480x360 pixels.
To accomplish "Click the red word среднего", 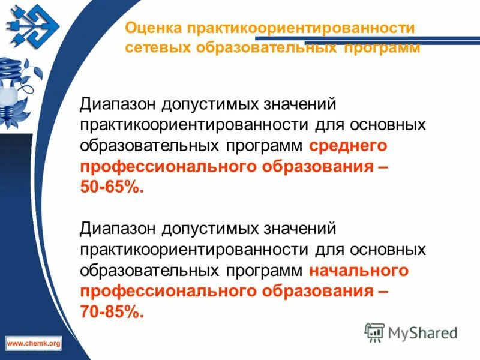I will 349,146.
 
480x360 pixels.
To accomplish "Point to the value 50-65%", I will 112,187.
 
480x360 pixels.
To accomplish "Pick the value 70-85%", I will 112,312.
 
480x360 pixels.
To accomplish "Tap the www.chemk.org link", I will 34,343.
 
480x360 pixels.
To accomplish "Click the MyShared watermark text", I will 422,332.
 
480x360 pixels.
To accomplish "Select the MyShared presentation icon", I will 375,331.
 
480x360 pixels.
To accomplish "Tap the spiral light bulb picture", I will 15,84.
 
